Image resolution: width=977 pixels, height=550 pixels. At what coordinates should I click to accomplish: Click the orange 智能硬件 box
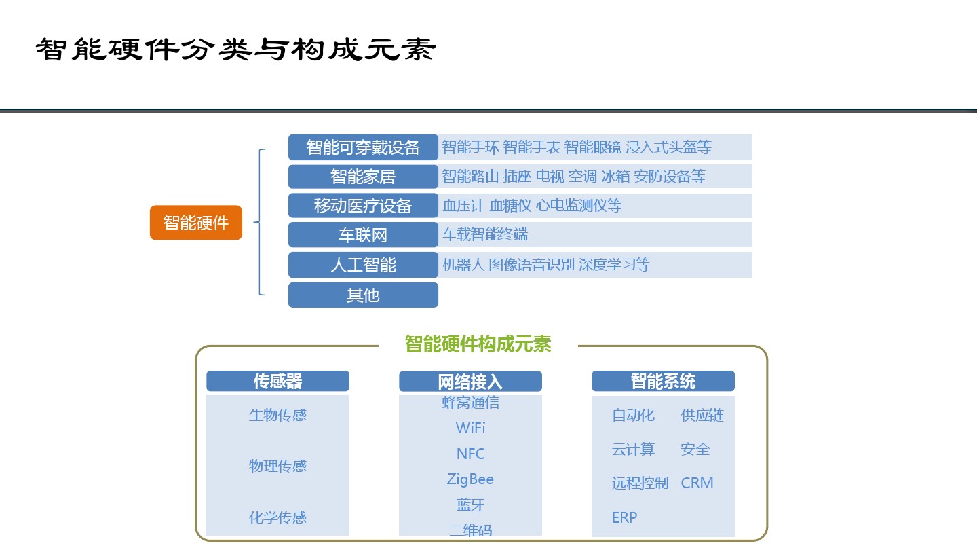point(196,223)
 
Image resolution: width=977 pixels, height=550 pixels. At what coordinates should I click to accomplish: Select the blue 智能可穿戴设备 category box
point(363,147)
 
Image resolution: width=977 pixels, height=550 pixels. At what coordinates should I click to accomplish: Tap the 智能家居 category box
point(363,177)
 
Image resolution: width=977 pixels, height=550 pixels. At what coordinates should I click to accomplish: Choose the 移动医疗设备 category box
point(363,206)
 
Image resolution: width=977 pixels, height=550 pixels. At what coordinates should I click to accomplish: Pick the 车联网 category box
point(363,235)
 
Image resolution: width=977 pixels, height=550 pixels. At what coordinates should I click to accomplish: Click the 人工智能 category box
point(363,265)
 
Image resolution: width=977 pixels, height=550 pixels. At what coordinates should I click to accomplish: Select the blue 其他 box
point(363,295)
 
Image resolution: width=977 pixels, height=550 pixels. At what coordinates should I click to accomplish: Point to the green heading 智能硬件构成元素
point(478,344)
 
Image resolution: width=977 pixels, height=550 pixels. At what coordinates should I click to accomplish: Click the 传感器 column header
point(278,381)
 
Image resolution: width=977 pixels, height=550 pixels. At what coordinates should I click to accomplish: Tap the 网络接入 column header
point(470,382)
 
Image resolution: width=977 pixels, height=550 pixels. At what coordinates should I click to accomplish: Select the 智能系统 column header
point(663,381)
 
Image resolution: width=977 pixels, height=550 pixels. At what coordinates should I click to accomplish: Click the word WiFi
point(471,428)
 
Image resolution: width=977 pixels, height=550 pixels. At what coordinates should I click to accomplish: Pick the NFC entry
point(471,454)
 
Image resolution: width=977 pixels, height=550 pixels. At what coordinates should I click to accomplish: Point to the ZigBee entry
point(470,479)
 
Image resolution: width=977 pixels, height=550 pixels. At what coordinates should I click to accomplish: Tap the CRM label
point(697,483)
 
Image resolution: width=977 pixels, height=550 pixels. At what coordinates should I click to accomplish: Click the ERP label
point(625,517)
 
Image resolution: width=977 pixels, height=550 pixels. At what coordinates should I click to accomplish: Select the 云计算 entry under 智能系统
point(633,450)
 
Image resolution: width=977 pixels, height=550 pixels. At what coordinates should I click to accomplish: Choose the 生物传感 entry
point(278,415)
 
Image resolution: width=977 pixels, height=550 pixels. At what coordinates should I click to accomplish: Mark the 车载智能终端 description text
point(486,234)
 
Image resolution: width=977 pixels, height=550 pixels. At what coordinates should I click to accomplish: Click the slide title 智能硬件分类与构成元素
point(235,49)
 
